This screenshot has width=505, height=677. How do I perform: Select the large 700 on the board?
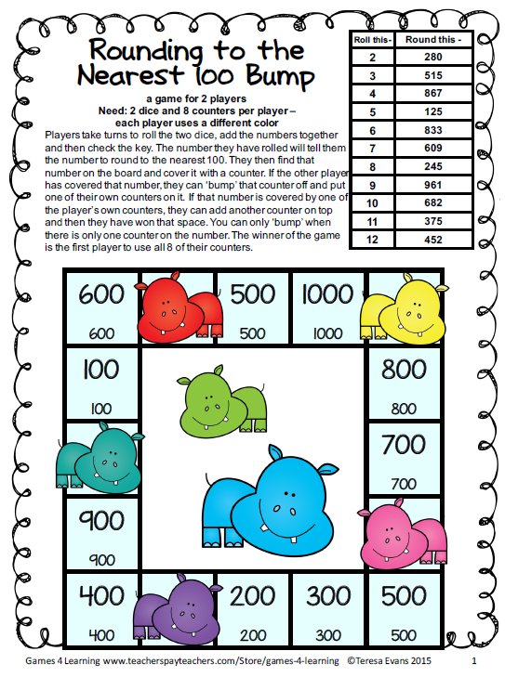(x=404, y=445)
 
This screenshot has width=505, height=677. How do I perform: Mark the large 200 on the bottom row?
(x=253, y=594)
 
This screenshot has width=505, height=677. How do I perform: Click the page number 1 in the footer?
(x=474, y=661)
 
